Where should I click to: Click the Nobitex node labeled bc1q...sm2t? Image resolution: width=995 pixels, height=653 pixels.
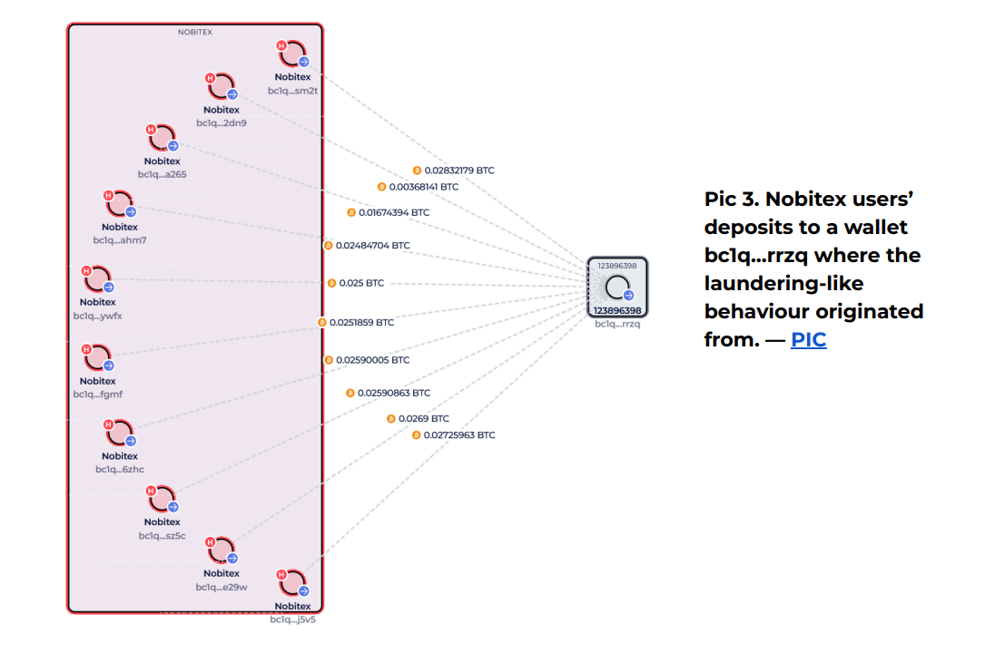tap(293, 55)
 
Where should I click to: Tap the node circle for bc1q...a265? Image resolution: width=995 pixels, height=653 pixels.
tap(163, 139)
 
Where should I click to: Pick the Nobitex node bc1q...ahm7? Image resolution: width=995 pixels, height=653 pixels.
tap(120, 205)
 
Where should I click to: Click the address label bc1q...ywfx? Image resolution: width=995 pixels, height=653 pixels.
tap(97, 316)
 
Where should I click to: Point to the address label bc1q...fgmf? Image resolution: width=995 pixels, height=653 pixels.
tap(97, 395)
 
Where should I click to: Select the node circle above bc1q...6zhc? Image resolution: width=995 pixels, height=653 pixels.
tap(120, 434)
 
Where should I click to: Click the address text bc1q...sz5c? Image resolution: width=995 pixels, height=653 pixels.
tap(162, 535)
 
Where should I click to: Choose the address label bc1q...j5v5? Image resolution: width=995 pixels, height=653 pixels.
tap(292, 619)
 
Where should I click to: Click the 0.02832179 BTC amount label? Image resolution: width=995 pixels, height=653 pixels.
tap(459, 171)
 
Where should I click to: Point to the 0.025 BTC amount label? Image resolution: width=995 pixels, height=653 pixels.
tap(361, 283)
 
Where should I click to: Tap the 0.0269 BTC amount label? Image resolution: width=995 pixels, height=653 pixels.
tap(423, 419)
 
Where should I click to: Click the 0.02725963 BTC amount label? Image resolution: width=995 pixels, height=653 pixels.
tap(459, 435)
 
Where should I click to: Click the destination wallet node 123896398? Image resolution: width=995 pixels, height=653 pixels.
tap(617, 288)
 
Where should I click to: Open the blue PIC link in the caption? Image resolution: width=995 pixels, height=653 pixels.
tap(808, 340)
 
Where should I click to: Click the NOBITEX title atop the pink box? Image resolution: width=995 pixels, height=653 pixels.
tap(195, 32)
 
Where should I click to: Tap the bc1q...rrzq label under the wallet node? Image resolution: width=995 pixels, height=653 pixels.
tap(617, 324)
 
